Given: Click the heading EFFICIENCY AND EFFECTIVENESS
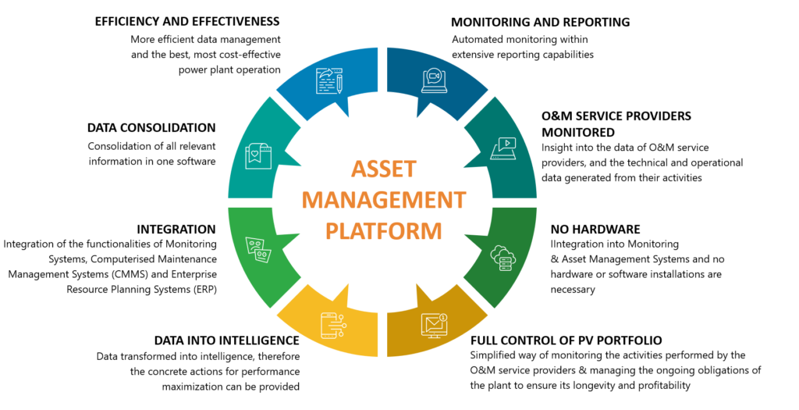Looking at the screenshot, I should click(187, 22).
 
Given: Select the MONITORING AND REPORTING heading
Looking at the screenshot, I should click(541, 22).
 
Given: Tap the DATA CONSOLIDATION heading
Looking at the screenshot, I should click(151, 127).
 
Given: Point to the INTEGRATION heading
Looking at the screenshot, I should click(176, 229).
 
